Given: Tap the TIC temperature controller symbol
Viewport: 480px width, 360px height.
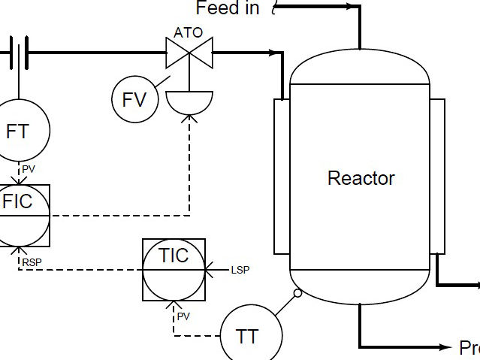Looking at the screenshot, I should pyautogui.click(x=174, y=270).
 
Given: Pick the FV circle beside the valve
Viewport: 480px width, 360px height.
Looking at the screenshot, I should pyautogui.click(x=134, y=98).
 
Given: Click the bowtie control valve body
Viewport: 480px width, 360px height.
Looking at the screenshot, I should pyautogui.click(x=189, y=53).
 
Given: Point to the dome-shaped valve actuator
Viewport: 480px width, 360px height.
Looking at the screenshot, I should pyautogui.click(x=189, y=101).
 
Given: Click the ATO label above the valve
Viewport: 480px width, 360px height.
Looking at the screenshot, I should pyautogui.click(x=188, y=33).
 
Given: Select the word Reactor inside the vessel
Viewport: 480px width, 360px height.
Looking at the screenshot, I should pyautogui.click(x=361, y=178).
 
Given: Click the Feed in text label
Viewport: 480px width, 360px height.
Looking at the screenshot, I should pyautogui.click(x=228, y=8).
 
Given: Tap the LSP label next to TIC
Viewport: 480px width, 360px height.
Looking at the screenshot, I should pyautogui.click(x=240, y=269).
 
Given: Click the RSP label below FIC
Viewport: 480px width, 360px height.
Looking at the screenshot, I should pyautogui.click(x=32, y=262).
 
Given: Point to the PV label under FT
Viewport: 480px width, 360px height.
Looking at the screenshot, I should pyautogui.click(x=29, y=169).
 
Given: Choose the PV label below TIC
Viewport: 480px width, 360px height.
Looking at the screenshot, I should pyautogui.click(x=184, y=316).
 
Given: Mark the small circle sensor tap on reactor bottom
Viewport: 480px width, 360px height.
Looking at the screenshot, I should pyautogui.click(x=297, y=294).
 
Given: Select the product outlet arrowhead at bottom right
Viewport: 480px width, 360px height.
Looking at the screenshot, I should pyautogui.click(x=444, y=346).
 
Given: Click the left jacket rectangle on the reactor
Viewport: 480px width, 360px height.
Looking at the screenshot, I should pyautogui.click(x=282, y=177).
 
